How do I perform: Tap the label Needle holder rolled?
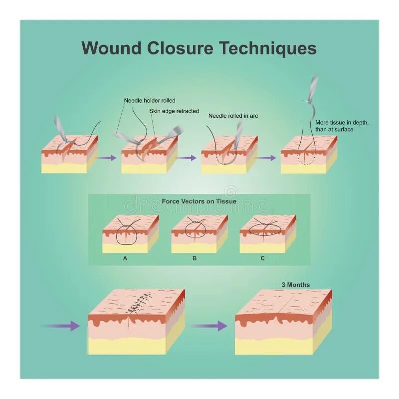(150, 101)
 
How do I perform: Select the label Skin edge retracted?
(174, 111)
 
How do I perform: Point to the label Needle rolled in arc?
(233, 116)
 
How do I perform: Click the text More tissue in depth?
(342, 123)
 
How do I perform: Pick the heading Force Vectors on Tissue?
(199, 201)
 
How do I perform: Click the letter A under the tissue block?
(125, 258)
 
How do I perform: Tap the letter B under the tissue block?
(195, 258)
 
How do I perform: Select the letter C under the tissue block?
(262, 258)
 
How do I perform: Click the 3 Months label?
(295, 285)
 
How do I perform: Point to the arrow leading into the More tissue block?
(267, 158)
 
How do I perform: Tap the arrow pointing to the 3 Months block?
(208, 326)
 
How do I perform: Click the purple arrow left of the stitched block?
(61, 326)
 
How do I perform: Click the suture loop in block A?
(127, 235)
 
